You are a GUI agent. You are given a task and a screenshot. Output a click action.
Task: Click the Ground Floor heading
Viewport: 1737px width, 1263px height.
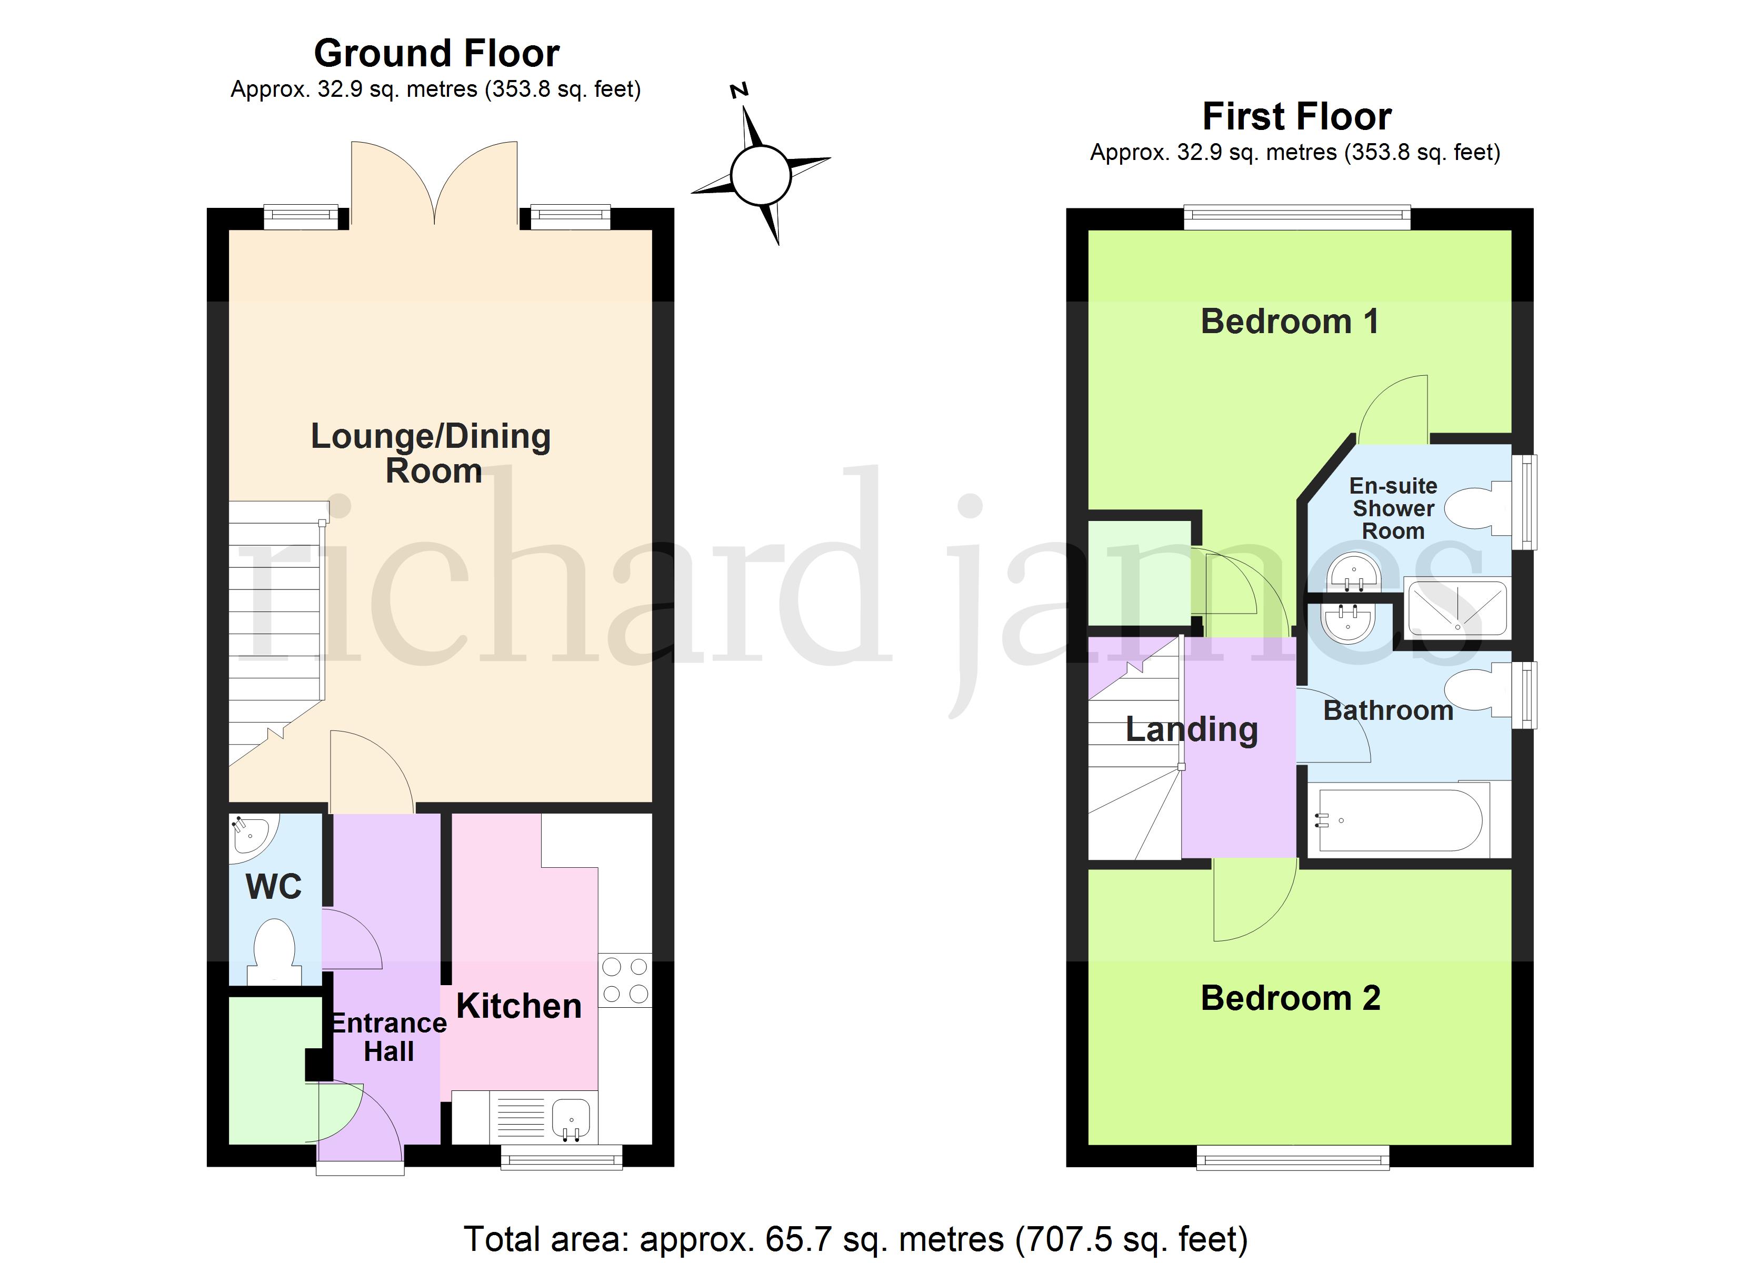click(436, 54)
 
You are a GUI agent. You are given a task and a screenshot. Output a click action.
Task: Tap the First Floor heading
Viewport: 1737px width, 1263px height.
click(1296, 116)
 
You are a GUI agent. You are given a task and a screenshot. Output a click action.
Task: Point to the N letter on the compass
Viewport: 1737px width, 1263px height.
click(739, 91)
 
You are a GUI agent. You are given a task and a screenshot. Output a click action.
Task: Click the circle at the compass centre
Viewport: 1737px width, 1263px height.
click(761, 175)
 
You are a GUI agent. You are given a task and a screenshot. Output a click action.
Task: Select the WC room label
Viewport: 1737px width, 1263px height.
click(273, 887)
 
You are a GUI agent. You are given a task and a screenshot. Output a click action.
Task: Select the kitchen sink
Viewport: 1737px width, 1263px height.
click(571, 1118)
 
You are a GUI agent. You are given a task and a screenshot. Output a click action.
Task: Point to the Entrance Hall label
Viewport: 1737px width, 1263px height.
click(388, 1037)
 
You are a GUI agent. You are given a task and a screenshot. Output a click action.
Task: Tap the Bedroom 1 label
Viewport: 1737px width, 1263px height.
click(1290, 321)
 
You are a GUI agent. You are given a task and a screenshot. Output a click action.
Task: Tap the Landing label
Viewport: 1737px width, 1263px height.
click(1192, 729)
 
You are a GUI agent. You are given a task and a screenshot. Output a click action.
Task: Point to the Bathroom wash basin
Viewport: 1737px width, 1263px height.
click(1350, 622)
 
